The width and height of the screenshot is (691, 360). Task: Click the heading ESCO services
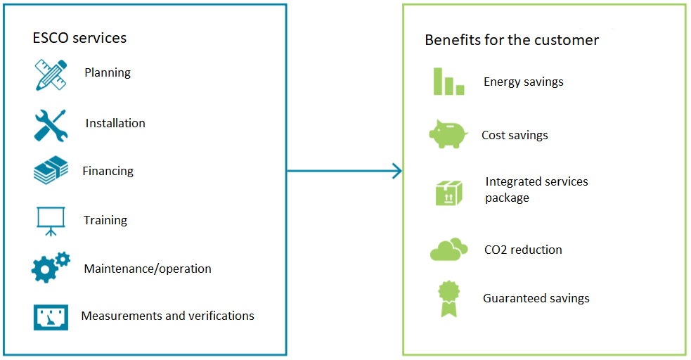(79, 38)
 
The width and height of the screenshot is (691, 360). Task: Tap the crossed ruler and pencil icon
(51, 75)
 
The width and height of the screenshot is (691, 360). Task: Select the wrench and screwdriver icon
(51, 126)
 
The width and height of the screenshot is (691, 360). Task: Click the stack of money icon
(51, 170)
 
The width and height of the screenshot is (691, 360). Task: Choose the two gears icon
(51, 267)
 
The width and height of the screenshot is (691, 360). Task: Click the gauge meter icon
(51, 317)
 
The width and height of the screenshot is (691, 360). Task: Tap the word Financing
(108, 172)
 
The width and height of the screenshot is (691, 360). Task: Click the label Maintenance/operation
(148, 269)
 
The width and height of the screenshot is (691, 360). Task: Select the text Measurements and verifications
(167, 316)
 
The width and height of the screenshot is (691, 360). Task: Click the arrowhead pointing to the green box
(397, 171)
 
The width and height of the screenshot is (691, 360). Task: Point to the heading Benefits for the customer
(512, 40)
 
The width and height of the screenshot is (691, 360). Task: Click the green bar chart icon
(448, 82)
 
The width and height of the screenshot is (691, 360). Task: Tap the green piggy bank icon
(448, 134)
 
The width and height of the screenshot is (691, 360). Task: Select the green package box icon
(449, 193)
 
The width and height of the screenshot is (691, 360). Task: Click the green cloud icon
(448, 250)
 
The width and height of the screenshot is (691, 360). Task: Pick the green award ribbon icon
(448, 299)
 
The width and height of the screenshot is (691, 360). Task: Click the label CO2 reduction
(523, 250)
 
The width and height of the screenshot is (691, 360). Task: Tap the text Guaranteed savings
(536, 299)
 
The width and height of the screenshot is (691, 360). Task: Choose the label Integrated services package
(536, 190)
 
